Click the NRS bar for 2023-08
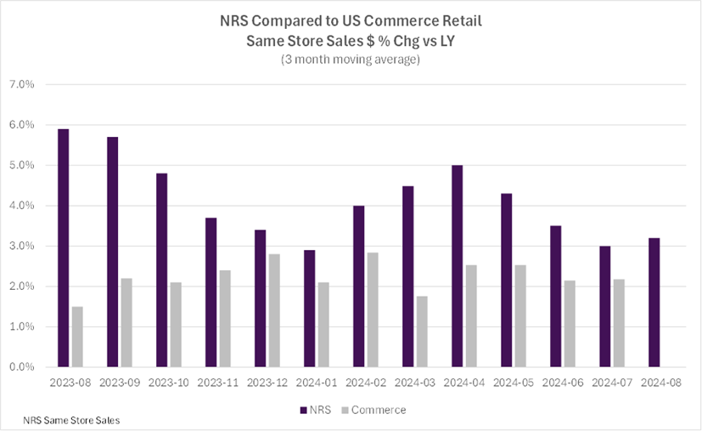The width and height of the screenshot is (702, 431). click(63, 248)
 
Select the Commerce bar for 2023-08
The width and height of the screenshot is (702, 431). click(77, 337)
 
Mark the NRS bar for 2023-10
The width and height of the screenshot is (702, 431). click(161, 270)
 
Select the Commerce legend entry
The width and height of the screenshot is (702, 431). click(374, 410)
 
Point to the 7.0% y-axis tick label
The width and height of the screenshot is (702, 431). click(21, 85)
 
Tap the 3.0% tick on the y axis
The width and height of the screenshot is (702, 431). click(21, 247)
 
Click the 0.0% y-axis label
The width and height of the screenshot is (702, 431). click(21, 367)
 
